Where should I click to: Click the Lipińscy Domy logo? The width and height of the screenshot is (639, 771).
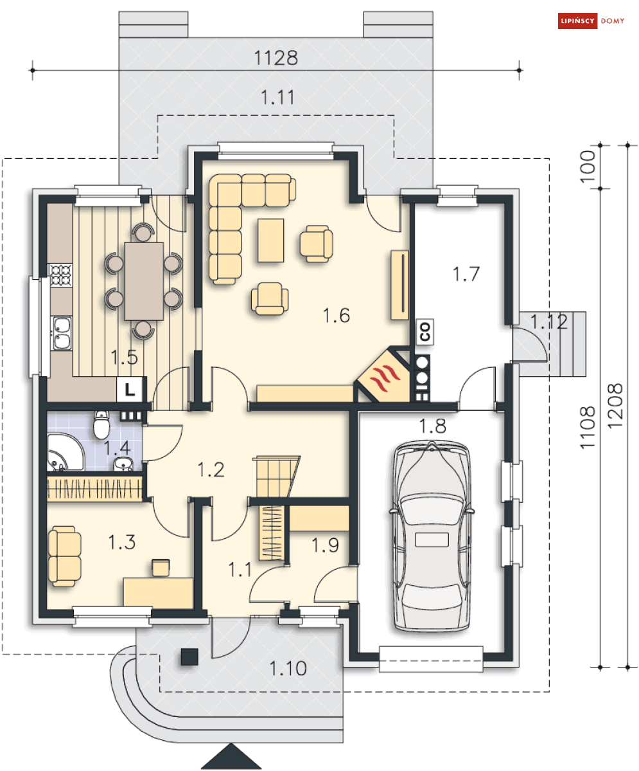click(x=591, y=21)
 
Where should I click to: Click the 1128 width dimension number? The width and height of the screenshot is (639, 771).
click(x=276, y=58)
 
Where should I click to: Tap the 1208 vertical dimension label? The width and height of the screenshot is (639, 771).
click(x=615, y=406)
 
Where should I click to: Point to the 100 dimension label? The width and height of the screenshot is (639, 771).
click(x=588, y=166)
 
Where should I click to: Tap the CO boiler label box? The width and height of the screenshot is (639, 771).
click(x=425, y=331)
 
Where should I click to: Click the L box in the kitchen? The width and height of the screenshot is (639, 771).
click(x=130, y=390)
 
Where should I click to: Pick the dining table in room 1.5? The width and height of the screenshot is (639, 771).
click(x=144, y=281)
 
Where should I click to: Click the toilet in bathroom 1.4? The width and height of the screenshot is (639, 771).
click(x=101, y=425)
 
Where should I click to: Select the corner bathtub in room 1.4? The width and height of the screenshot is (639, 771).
click(x=65, y=452)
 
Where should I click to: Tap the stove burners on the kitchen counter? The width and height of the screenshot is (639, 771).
click(x=60, y=275)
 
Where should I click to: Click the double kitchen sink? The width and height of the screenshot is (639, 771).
click(x=62, y=333)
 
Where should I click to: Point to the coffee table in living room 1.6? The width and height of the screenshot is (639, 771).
click(x=270, y=240)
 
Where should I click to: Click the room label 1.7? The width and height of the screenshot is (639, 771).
click(x=466, y=275)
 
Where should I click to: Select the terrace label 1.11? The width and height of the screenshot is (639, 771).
click(x=277, y=97)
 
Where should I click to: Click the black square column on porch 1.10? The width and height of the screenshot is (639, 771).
click(x=189, y=657)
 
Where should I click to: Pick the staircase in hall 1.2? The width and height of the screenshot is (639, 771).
click(x=276, y=476)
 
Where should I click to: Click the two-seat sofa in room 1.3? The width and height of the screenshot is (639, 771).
click(x=64, y=556)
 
